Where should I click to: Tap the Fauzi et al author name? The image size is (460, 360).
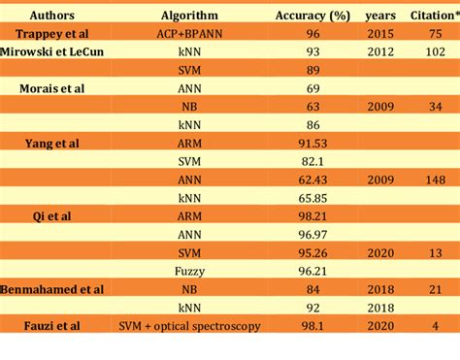51,326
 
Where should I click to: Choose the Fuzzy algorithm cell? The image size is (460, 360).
188,271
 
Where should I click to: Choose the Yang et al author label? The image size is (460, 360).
51,143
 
